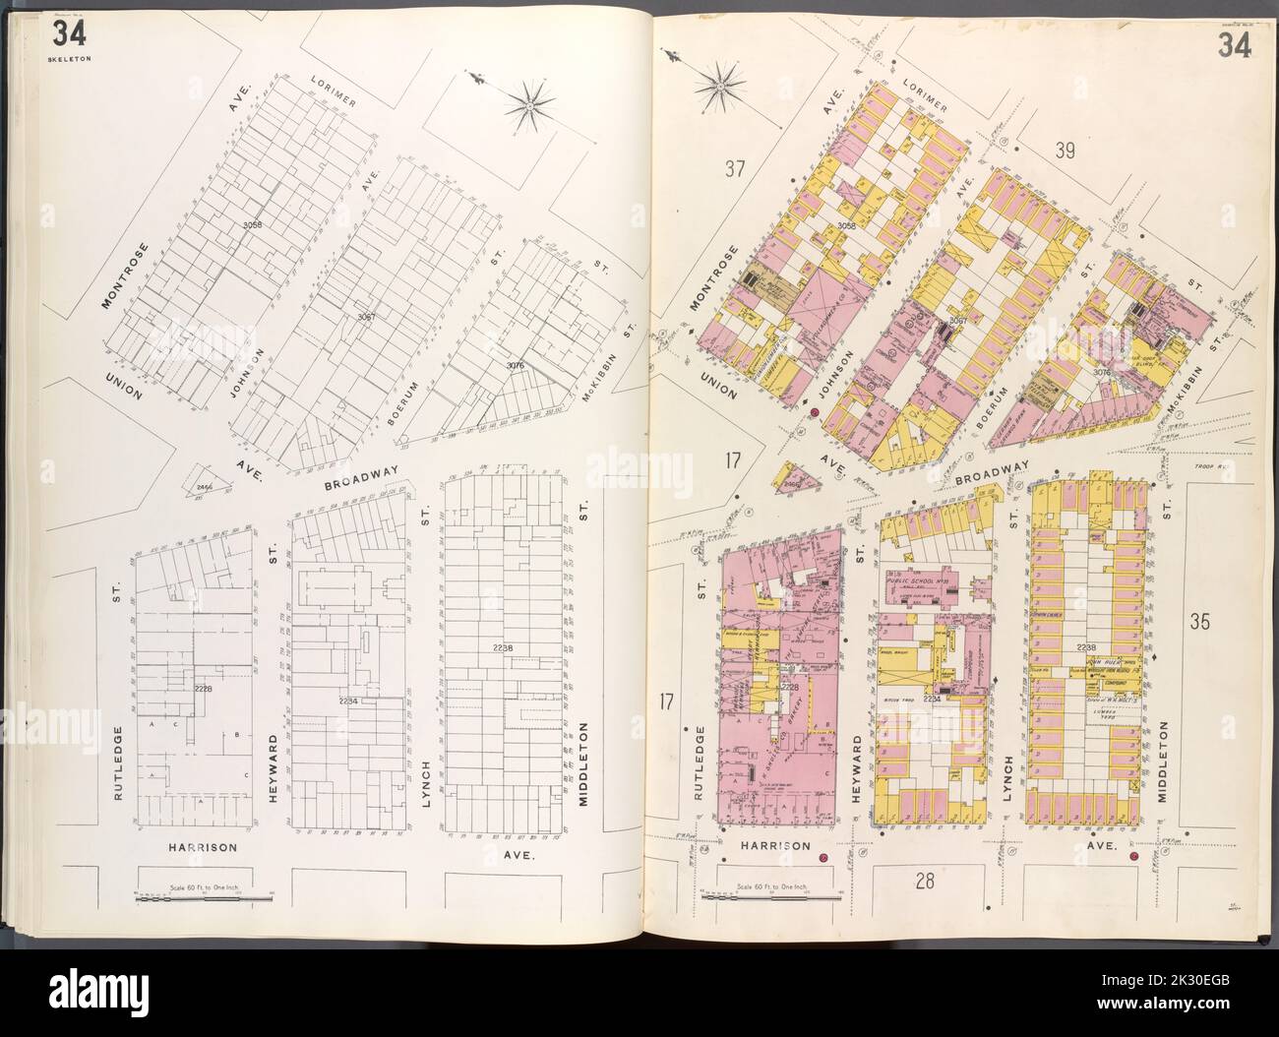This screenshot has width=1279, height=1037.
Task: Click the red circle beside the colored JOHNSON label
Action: point(815,411)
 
